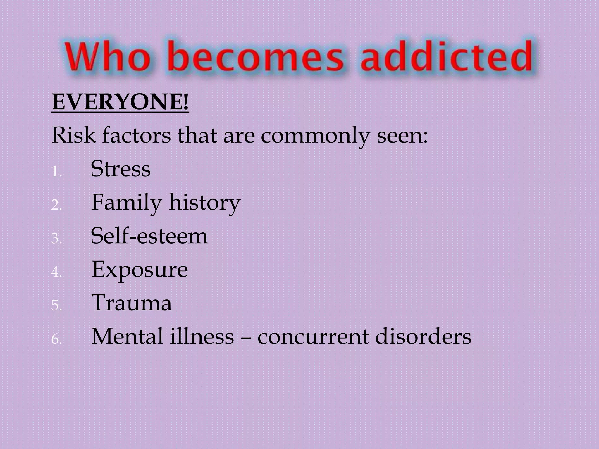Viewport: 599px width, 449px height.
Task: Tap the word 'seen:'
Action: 402,136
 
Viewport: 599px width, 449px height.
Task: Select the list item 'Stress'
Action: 121,169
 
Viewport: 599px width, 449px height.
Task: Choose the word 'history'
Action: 204,203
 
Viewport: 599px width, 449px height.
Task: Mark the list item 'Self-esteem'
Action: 149,236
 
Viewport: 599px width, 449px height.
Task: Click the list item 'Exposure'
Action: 140,270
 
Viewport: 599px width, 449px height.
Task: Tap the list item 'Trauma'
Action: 132,303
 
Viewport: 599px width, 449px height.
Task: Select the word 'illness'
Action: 202,336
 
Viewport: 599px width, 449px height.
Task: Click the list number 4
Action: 56,272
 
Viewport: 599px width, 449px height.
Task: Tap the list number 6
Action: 56,340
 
